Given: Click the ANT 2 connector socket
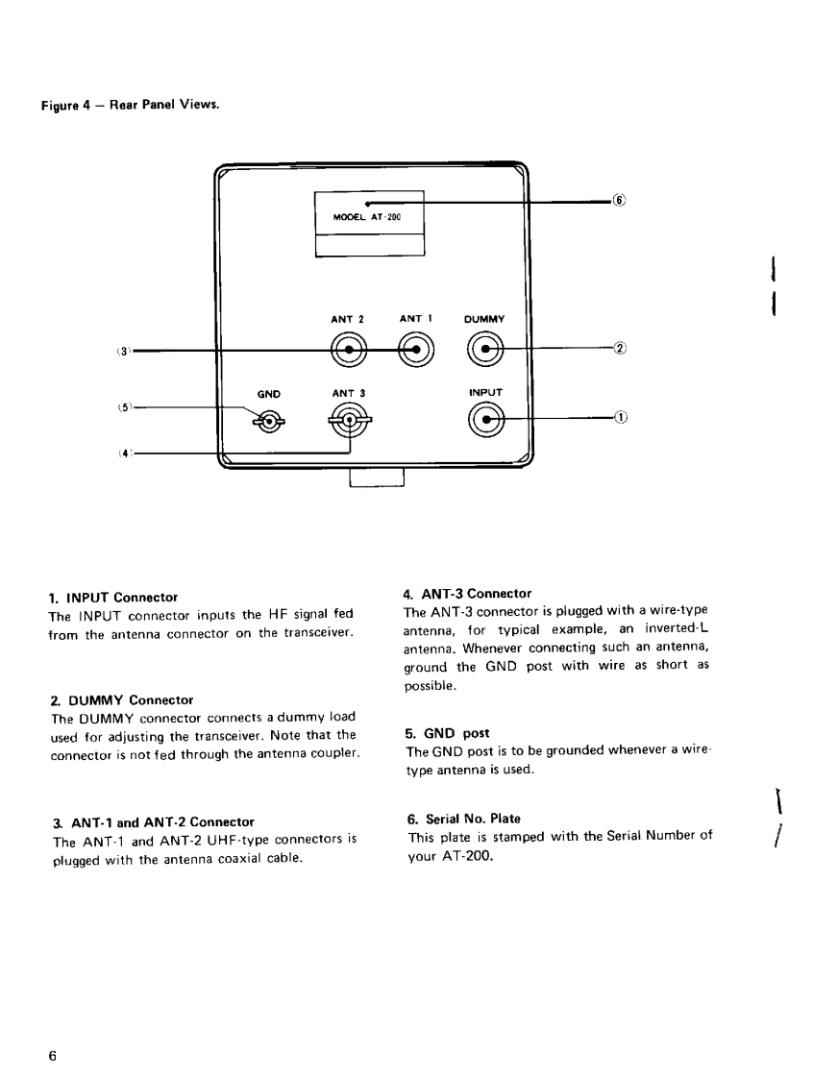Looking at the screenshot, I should [x=348, y=349].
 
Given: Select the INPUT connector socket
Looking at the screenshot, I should [x=487, y=419].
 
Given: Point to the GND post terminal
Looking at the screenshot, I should [x=268, y=420].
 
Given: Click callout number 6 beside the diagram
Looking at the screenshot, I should [x=620, y=202].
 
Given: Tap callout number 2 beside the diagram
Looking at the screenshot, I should [x=620, y=348].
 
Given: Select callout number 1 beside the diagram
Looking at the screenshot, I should [x=620, y=418].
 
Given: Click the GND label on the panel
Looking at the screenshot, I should [x=268, y=393].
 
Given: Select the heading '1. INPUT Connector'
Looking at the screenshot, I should [x=112, y=598].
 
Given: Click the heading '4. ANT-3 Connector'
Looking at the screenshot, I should [x=467, y=594].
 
